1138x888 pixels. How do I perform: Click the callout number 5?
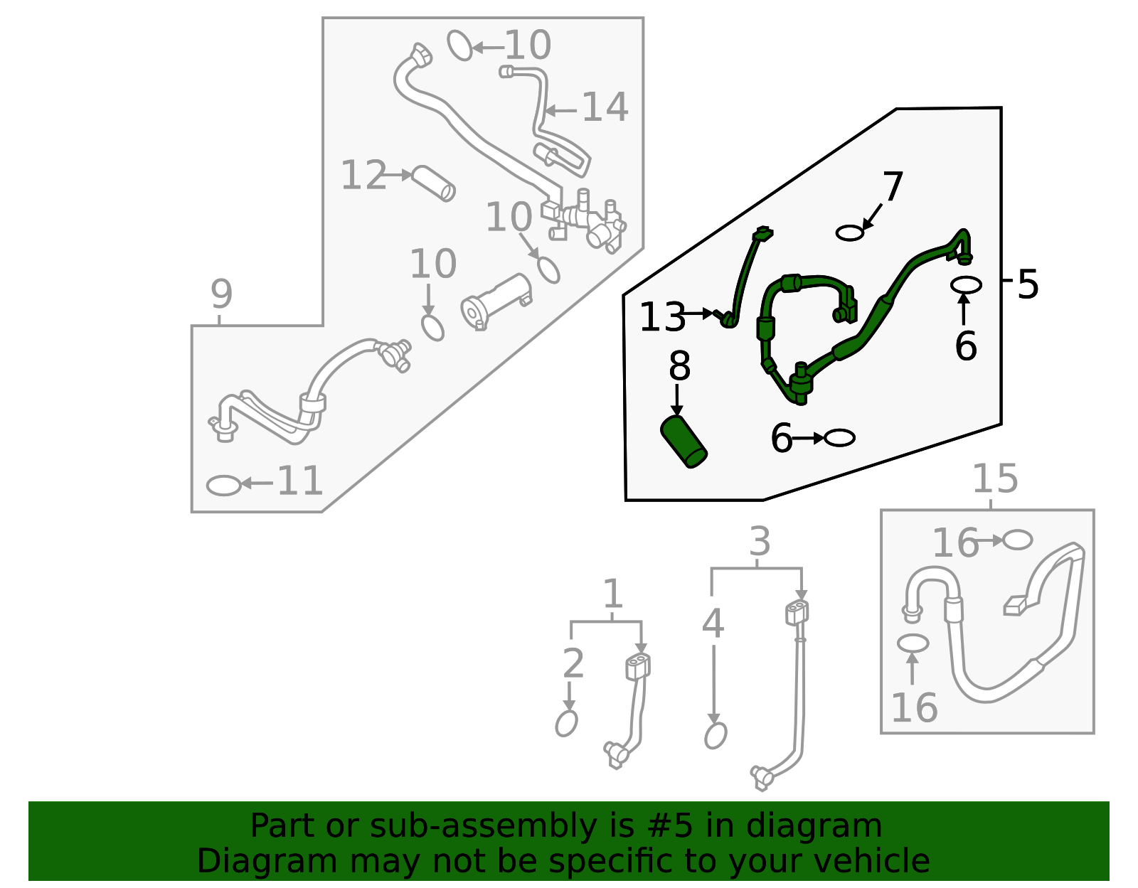point(1028,284)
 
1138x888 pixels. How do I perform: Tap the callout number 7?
point(893,187)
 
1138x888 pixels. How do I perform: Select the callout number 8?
point(679,365)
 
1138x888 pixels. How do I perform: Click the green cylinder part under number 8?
point(684,442)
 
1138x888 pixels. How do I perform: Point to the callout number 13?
point(662,316)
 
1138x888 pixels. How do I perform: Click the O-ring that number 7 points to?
point(849,233)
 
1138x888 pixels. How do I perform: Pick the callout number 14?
point(605,107)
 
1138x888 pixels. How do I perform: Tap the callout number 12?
point(363,175)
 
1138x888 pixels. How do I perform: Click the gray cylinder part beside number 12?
point(433,183)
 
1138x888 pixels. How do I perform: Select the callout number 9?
point(221,294)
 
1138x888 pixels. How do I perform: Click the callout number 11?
point(299,481)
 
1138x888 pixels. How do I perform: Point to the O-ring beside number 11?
point(223,485)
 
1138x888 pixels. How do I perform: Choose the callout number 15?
point(995,478)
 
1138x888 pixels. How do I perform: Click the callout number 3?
point(760,542)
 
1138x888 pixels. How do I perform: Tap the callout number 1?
point(612,594)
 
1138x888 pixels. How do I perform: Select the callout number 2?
point(573,663)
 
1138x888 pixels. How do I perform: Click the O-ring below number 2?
point(567,723)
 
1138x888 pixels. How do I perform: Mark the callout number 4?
point(713,624)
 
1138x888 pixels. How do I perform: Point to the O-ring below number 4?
point(716,735)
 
